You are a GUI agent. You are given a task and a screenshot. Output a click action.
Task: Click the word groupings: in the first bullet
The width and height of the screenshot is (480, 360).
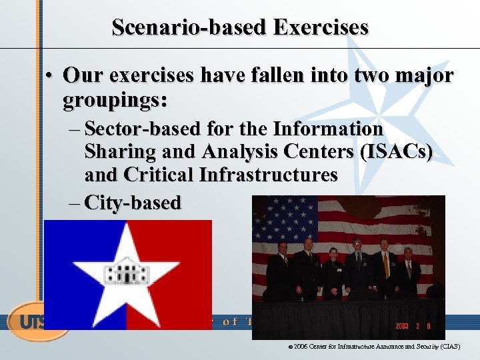tap(115, 101)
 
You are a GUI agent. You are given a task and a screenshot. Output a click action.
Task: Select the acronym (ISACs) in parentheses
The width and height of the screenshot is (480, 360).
tap(396, 151)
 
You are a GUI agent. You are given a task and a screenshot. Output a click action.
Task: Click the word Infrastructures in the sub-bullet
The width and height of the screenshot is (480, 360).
tap(268, 175)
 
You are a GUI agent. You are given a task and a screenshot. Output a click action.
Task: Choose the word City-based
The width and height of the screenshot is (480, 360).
tap(133, 203)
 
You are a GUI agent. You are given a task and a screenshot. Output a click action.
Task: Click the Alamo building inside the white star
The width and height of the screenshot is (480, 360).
tap(125, 271)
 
